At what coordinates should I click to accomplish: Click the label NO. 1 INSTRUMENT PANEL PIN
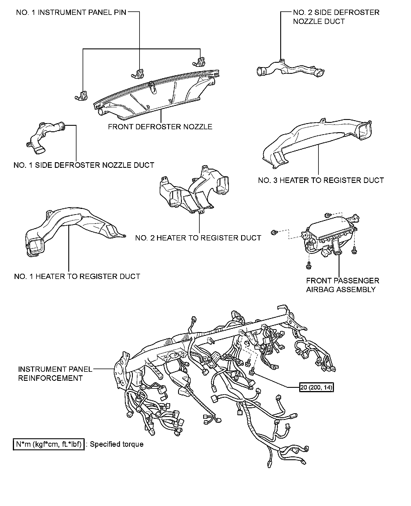71,13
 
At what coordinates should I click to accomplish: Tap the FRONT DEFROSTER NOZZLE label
160,127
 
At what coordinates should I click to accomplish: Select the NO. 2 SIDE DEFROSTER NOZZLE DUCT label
336,17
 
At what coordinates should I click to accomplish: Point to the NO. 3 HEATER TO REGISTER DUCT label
321,180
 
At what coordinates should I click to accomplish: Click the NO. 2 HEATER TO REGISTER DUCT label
198,238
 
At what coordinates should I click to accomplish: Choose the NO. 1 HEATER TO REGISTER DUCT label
77,276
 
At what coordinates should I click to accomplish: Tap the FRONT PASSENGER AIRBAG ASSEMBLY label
342,285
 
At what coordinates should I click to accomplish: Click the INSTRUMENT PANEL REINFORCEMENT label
55,374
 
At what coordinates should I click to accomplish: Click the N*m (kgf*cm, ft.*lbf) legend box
49,444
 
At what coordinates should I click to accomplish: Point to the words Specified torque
117,444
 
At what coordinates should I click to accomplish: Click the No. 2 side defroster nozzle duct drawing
291,69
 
